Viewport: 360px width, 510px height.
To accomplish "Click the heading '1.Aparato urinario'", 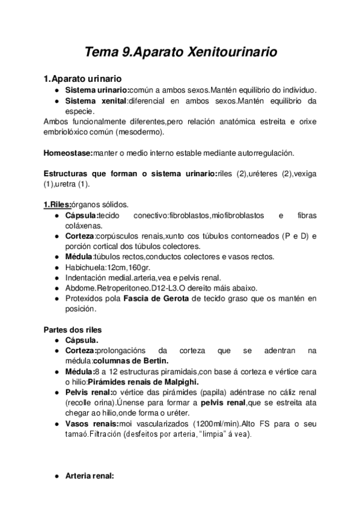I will click(83, 79).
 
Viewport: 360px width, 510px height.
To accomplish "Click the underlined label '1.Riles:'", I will click(58, 205).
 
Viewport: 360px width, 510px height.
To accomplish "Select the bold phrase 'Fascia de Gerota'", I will click(156, 299).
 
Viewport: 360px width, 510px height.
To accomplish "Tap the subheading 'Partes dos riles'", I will click(73, 330).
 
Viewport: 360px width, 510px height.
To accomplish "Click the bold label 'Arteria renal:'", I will click(89, 476).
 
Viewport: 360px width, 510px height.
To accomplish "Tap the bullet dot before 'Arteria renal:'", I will click(56, 476).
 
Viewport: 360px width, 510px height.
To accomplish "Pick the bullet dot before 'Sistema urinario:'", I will click(56, 90).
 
